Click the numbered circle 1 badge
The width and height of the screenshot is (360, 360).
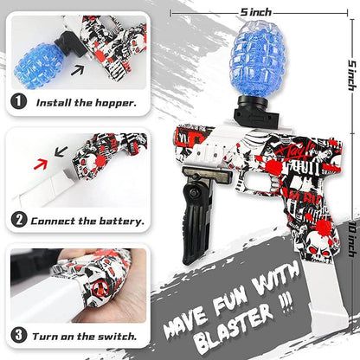click(19, 102)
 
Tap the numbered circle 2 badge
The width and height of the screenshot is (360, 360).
click(19, 221)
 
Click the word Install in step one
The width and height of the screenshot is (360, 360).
click(51, 102)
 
